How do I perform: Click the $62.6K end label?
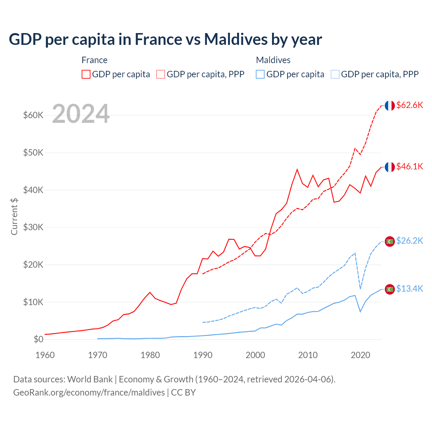(409, 105)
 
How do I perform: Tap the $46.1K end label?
(409, 166)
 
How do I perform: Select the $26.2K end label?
(409, 241)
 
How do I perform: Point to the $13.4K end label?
(409, 289)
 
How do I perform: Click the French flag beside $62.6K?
(390, 106)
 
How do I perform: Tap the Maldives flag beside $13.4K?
(390, 289)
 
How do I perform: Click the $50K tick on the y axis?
(33, 153)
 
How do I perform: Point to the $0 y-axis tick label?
(38, 339)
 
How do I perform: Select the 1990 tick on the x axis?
(203, 355)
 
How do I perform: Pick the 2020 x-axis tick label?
(360, 355)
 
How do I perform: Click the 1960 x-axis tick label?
(45, 355)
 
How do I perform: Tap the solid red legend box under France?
(86, 74)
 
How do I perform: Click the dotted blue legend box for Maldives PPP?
(335, 74)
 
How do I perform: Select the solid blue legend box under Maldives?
(260, 74)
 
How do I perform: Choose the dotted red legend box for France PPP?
(161, 74)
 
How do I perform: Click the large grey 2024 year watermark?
(81, 114)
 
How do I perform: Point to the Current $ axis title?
(14, 216)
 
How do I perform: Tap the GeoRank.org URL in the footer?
(89, 393)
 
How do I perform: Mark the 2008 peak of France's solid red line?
(297, 169)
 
